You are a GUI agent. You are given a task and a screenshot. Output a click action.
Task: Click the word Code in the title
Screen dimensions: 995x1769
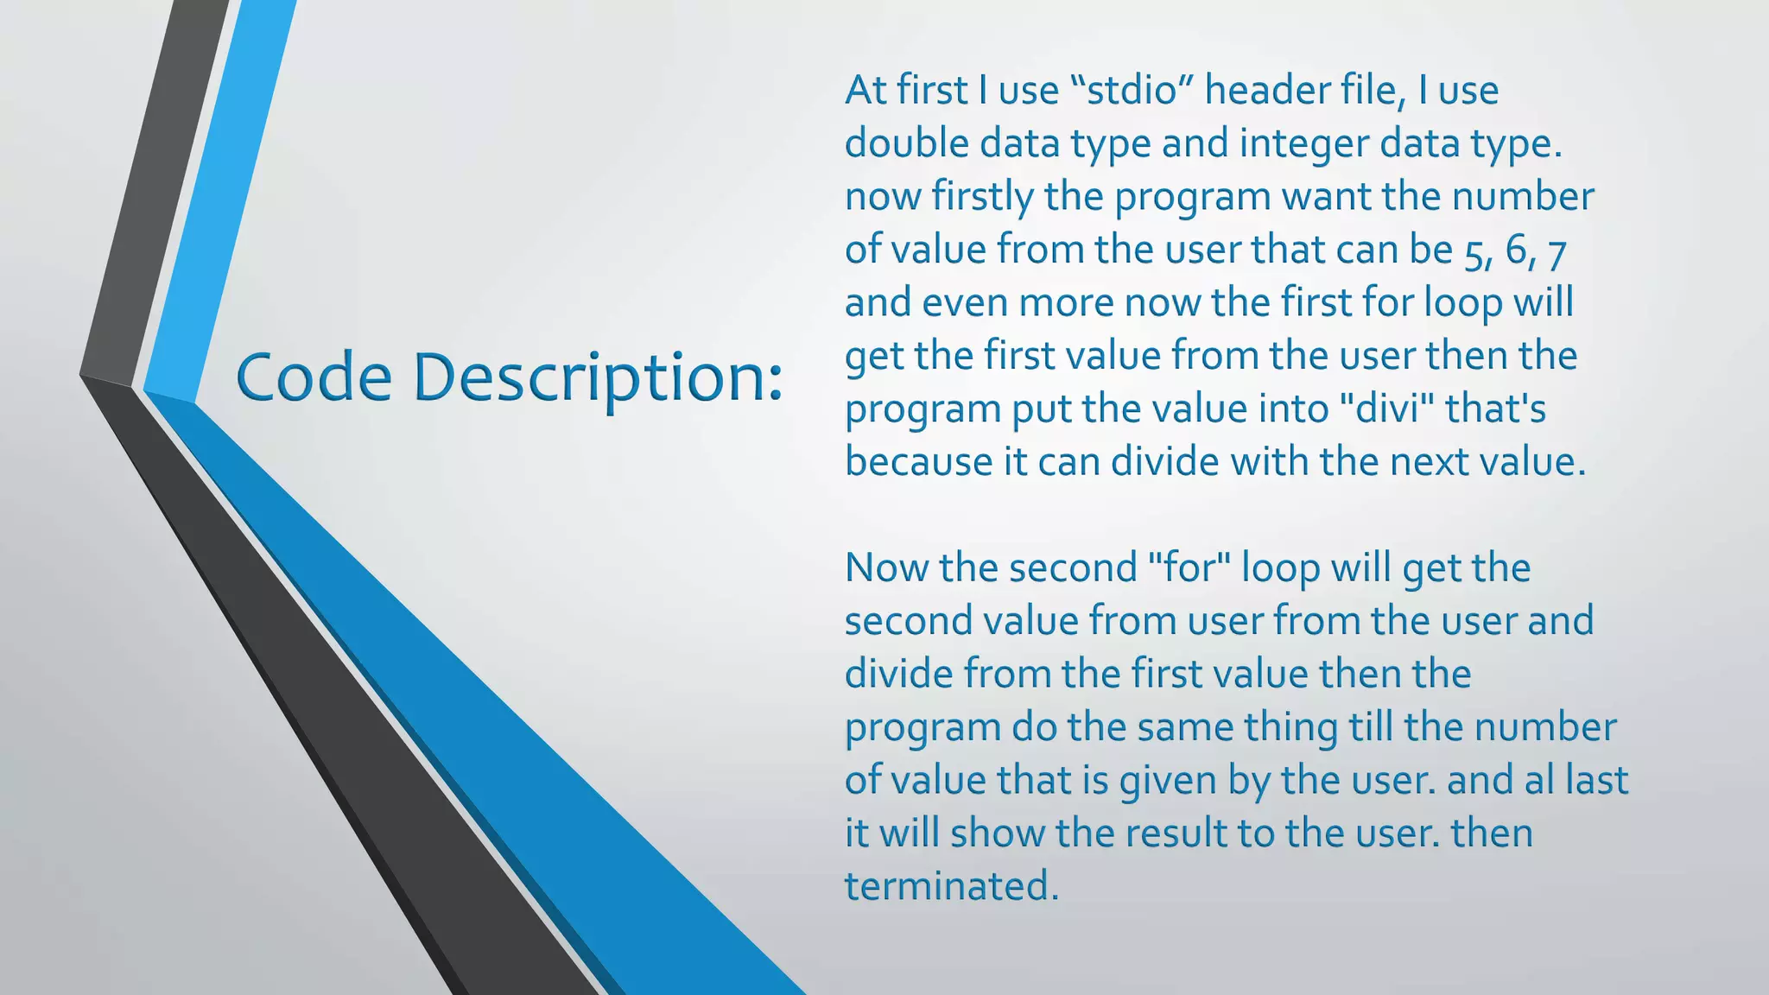313,377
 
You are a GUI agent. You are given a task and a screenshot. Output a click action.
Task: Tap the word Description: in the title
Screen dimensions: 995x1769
597,379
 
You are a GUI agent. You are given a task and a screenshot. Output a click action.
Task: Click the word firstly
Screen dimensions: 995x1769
982,196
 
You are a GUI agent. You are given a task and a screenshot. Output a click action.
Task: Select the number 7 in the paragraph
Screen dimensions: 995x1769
1557,251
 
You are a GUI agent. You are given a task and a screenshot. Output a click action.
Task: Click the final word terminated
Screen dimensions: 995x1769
950,886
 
